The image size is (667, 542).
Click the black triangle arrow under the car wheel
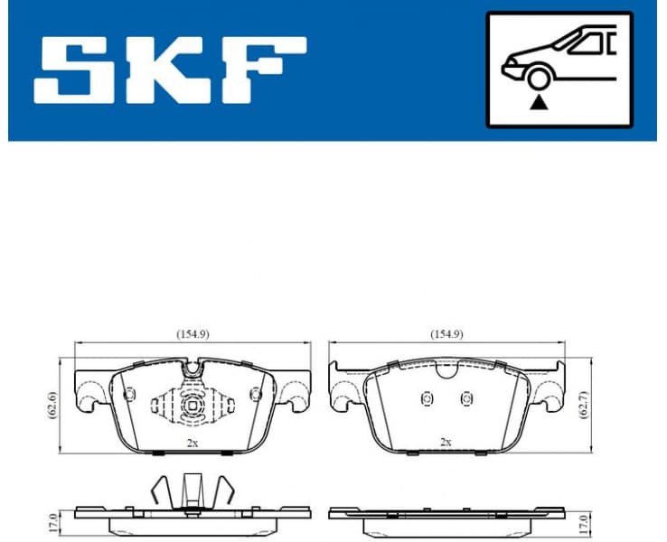(539, 102)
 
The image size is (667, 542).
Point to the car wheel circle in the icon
(539, 79)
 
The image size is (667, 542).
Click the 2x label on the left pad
(192, 443)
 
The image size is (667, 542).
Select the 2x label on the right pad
(445, 443)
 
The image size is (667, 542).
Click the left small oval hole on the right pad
(427, 399)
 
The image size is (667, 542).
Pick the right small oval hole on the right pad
(466, 399)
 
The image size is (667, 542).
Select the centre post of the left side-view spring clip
(192, 492)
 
